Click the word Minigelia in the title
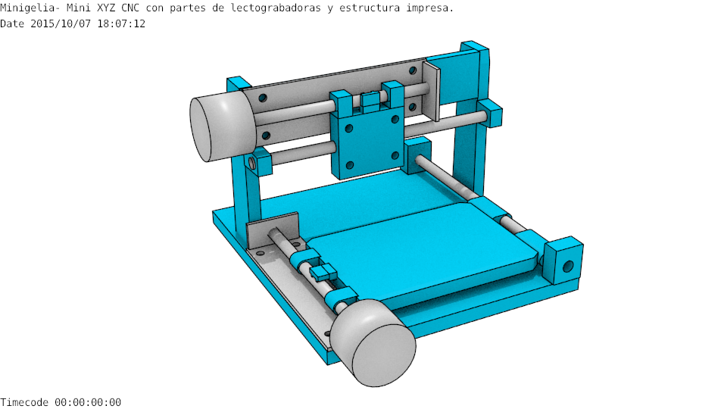(30, 8)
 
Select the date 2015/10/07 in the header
(61, 23)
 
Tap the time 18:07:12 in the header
(121, 23)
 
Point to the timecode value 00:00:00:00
(88, 402)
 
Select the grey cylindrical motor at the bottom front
(373, 342)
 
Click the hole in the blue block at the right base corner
(567, 267)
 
